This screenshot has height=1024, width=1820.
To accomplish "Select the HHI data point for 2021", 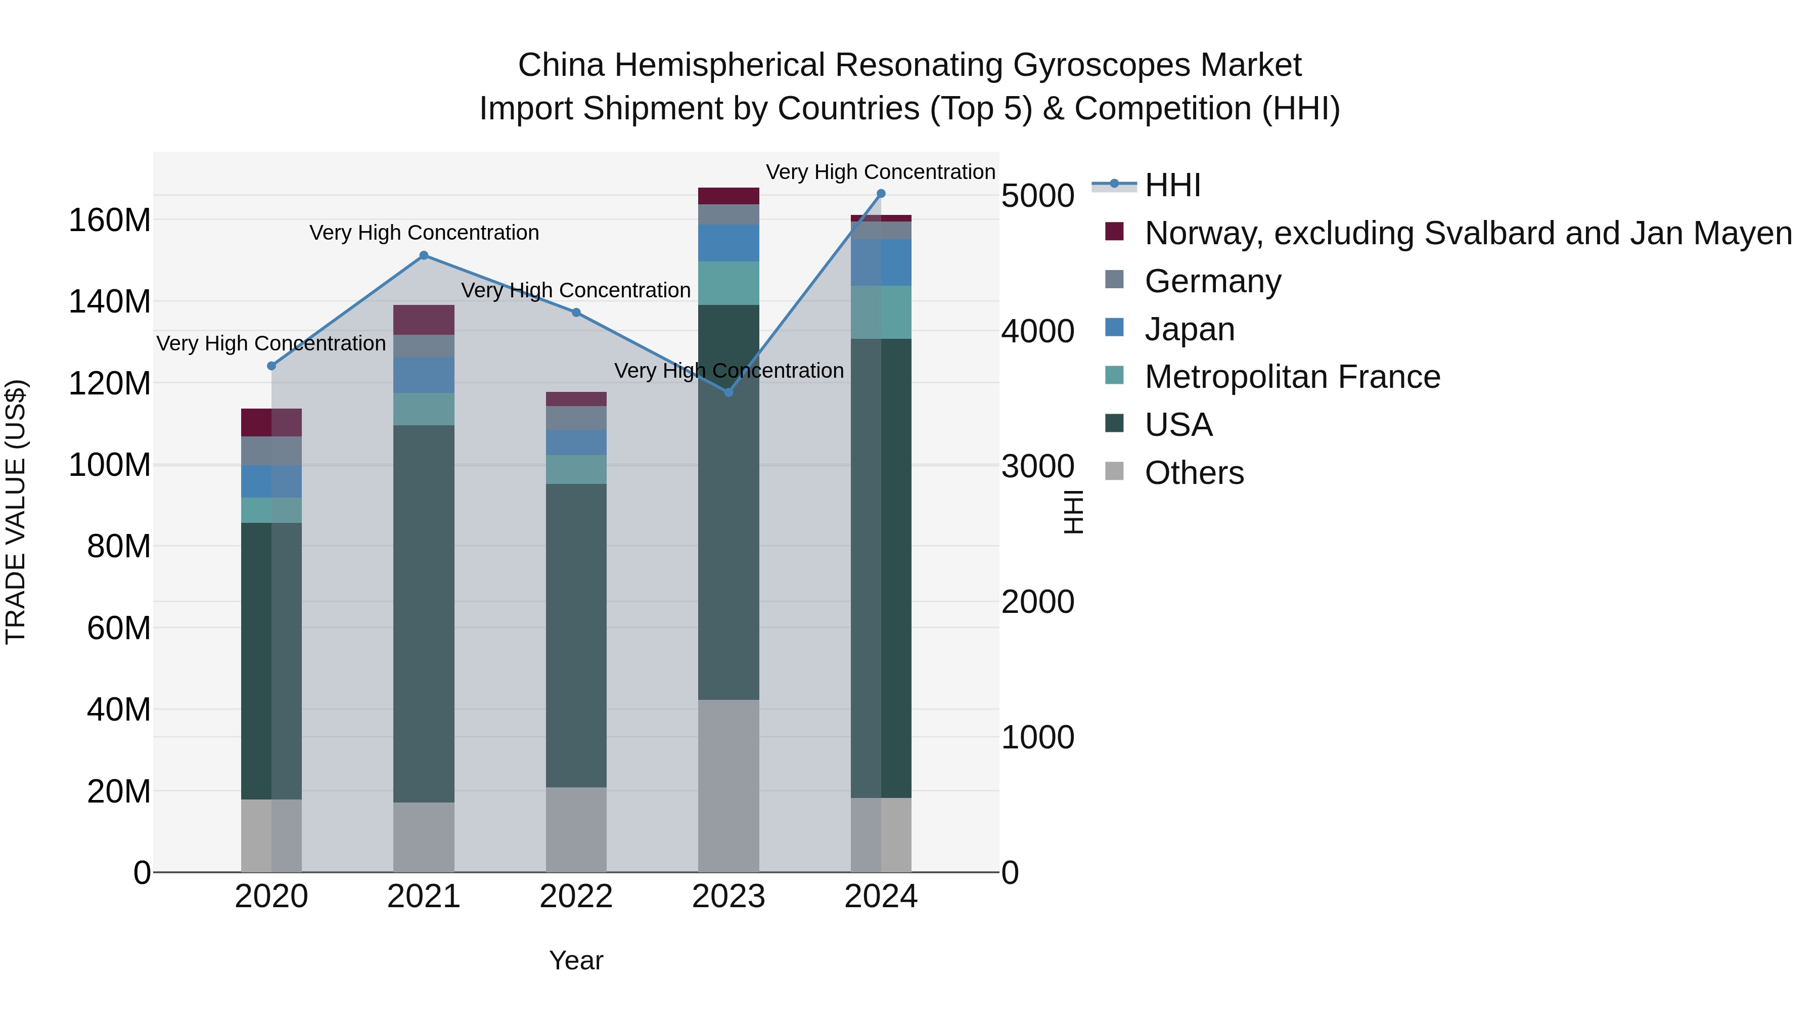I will (x=424, y=256).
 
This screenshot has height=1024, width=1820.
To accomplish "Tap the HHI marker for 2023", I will (x=729, y=392).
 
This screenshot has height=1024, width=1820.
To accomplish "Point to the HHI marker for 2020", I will (x=271, y=366).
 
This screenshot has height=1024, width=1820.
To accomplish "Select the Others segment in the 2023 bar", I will (x=729, y=786).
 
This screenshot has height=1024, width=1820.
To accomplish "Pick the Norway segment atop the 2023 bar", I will (x=729, y=196).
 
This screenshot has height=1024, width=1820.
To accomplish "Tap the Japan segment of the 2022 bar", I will (x=576, y=442).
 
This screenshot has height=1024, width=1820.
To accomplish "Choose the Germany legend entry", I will (x=1212, y=281).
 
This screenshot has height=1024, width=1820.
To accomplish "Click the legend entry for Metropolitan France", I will (x=1292, y=377).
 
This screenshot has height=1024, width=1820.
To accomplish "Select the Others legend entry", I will (x=1194, y=473).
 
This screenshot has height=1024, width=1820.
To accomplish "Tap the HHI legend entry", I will (x=1173, y=185).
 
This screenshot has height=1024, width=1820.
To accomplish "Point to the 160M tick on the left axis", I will (x=110, y=220).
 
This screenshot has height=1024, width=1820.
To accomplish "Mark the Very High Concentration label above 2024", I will (x=880, y=172).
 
